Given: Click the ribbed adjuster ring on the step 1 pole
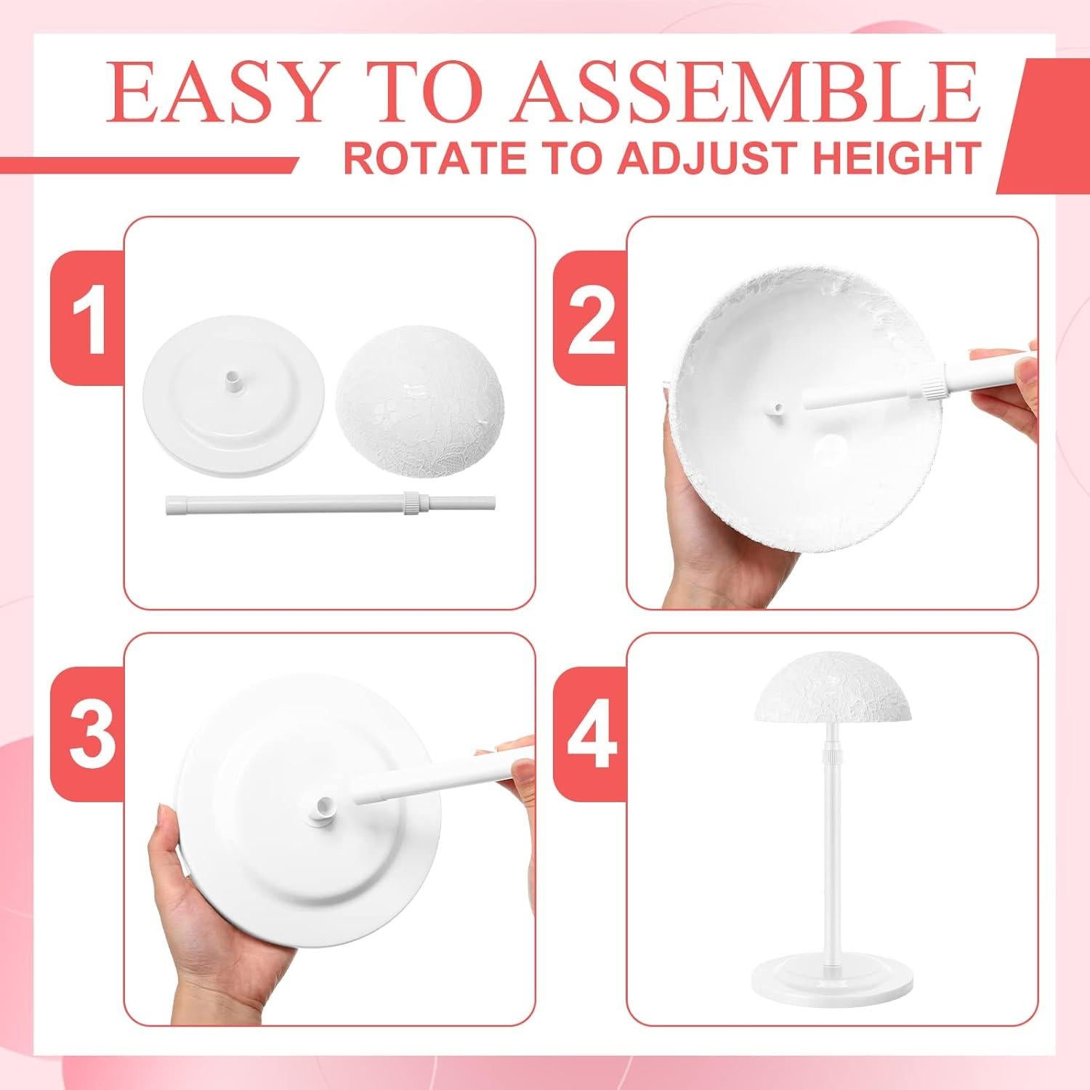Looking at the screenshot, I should tap(410, 501).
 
